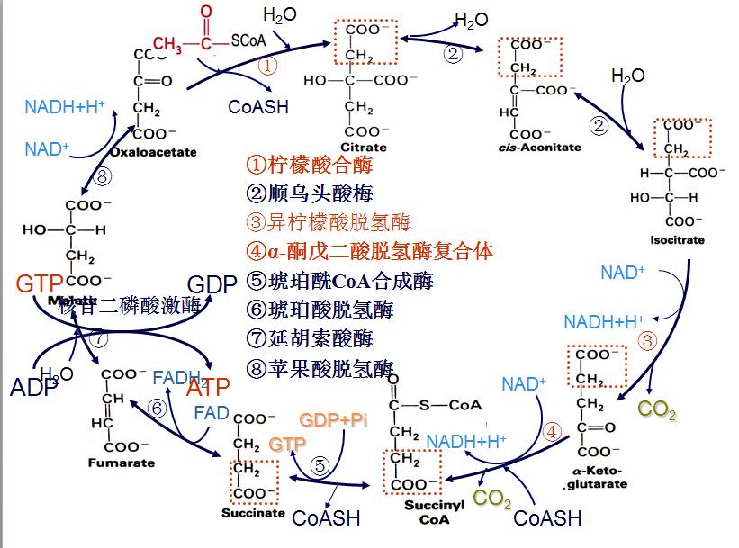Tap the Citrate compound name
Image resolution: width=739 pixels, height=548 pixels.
(x=364, y=147)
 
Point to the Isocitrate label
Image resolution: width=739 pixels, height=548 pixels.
(x=676, y=240)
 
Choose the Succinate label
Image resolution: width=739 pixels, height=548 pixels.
(x=253, y=514)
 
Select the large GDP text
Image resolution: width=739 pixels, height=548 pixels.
(x=212, y=284)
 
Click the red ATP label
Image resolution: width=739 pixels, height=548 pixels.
(x=208, y=389)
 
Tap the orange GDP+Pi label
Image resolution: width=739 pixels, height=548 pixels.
(x=334, y=422)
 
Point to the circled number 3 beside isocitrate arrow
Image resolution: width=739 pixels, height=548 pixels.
(x=646, y=341)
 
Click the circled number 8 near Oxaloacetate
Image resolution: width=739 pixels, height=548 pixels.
(x=102, y=177)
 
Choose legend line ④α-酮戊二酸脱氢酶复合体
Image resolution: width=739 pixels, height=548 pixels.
(x=369, y=252)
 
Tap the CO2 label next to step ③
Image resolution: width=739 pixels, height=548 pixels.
(x=656, y=409)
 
